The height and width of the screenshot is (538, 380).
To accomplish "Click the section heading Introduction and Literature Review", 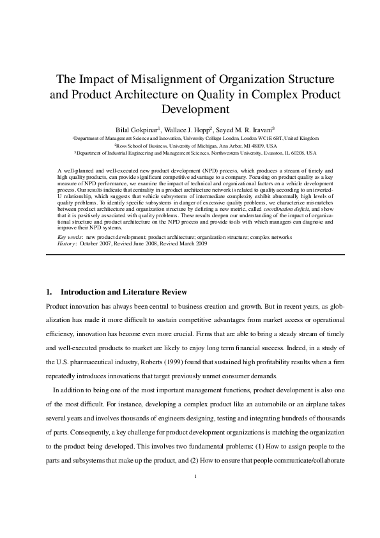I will pos(123,292).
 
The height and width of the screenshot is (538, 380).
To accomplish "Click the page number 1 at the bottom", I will pos(195,494).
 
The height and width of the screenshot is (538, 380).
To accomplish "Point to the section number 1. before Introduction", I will pos(49,292).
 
